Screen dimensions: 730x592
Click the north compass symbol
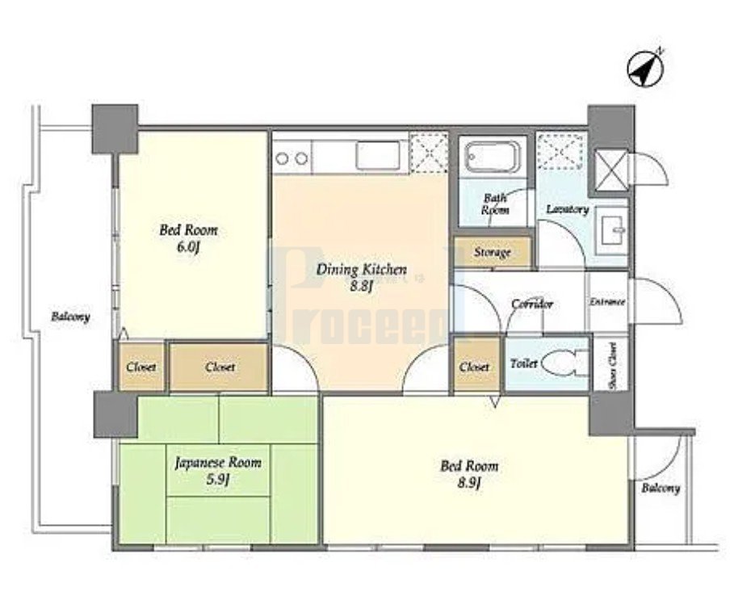tap(645, 69)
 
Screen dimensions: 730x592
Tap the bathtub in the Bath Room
tap(493, 157)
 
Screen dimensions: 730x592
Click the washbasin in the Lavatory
tap(612, 230)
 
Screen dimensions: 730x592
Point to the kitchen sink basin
tap(378, 156)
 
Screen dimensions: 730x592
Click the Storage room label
tap(492, 253)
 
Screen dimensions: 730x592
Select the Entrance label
tap(607, 302)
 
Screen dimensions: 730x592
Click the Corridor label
tap(532, 304)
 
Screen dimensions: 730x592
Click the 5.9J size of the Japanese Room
tap(218, 479)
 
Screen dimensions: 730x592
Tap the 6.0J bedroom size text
tap(188, 247)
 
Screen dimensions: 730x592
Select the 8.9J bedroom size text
tap(469, 482)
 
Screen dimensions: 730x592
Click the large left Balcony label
tap(70, 317)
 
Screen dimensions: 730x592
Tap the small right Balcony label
tap(661, 488)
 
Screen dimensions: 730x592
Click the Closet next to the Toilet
tap(474, 367)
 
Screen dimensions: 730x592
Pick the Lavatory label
tap(568, 209)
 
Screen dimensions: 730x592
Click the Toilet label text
tap(524, 363)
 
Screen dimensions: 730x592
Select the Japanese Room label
tap(218, 464)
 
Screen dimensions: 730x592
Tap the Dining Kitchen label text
tap(362, 270)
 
